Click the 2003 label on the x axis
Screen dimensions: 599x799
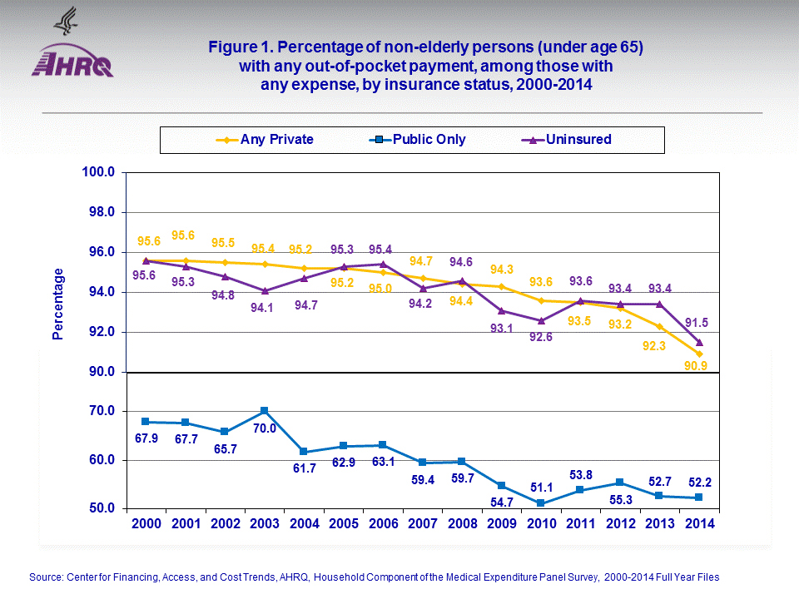click(265, 525)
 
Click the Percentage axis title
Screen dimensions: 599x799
click(58, 304)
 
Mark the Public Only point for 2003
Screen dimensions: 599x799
click(265, 411)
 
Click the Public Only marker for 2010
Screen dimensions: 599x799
click(541, 503)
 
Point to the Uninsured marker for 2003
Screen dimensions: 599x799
click(265, 291)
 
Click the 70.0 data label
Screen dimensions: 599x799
click(265, 428)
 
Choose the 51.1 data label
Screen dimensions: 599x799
click(541, 487)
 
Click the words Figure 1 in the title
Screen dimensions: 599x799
click(243, 48)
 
